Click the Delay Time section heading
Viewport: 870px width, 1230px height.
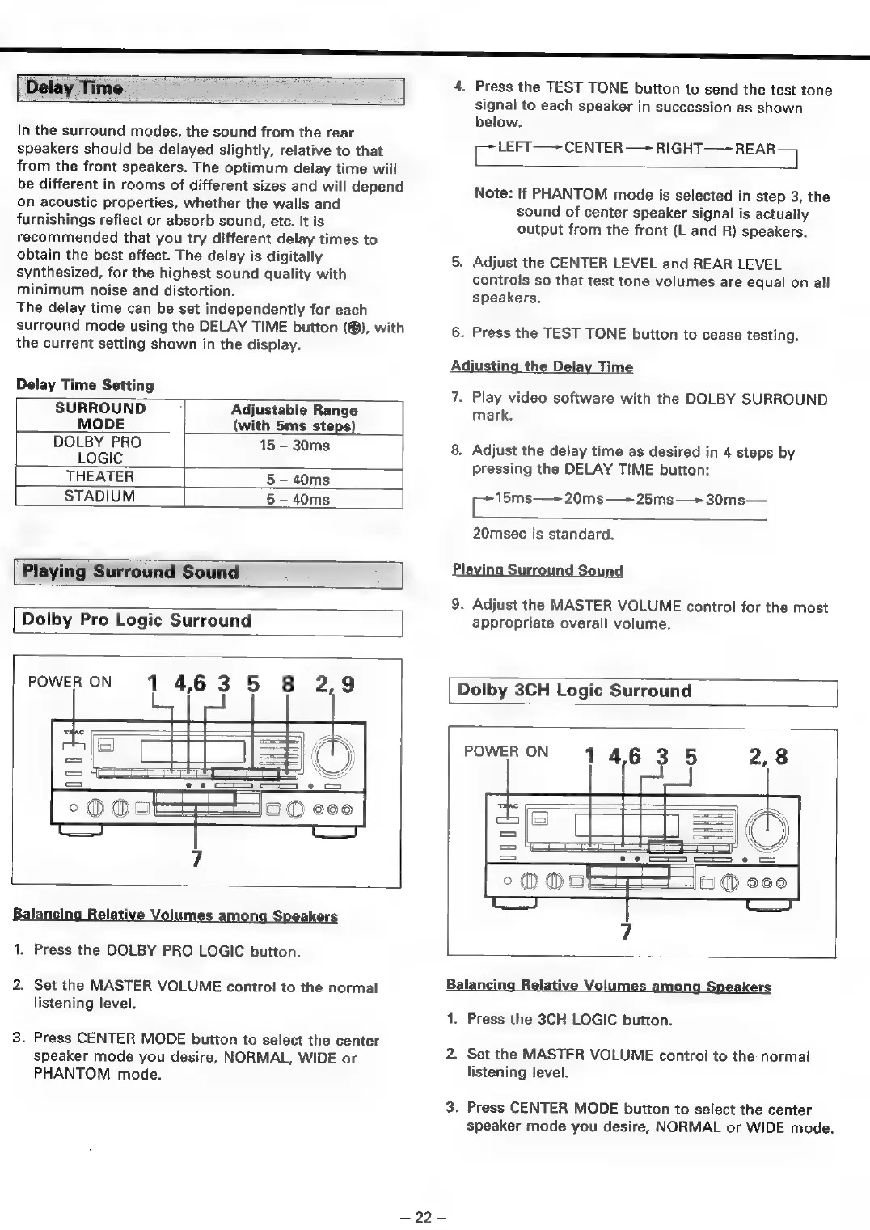coord(74,88)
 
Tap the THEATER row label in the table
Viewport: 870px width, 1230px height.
coord(100,477)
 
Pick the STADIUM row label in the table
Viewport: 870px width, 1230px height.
coord(100,497)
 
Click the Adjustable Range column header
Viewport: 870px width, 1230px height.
coord(294,417)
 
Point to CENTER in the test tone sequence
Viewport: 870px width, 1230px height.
coord(593,148)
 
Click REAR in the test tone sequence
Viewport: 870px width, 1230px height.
coord(755,149)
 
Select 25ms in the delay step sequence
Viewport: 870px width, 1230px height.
coord(654,499)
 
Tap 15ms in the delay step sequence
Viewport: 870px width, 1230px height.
coord(513,498)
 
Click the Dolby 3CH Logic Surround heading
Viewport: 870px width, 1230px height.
coord(574,691)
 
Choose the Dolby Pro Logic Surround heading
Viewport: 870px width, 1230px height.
coord(137,620)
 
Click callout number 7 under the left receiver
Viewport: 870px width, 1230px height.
coord(196,857)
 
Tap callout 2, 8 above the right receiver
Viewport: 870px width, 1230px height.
coord(767,757)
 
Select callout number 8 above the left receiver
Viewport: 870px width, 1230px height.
coord(288,684)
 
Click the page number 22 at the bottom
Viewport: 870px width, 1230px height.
coord(424,1217)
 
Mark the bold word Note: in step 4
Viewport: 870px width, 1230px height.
coord(493,195)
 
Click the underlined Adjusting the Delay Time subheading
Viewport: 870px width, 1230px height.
coord(542,366)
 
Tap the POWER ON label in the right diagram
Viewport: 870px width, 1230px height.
coord(506,751)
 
